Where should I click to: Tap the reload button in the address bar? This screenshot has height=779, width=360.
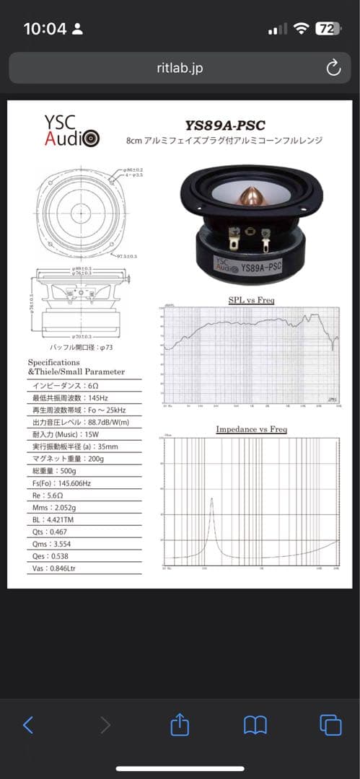(x=333, y=68)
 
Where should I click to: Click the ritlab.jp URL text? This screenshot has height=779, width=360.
(x=180, y=68)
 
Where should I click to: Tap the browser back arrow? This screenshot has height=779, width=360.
(x=28, y=725)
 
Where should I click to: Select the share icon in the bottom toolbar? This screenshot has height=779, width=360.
(x=180, y=725)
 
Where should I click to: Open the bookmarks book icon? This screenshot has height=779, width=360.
(x=255, y=725)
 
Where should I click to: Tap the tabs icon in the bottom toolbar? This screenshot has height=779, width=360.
(x=330, y=725)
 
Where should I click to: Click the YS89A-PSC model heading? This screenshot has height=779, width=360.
(x=225, y=126)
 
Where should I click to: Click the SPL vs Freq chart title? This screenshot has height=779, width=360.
(x=250, y=300)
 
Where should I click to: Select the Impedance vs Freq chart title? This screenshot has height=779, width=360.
(x=251, y=429)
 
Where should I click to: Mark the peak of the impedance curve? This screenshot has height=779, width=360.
(x=211, y=498)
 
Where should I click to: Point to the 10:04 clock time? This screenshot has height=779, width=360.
(x=45, y=29)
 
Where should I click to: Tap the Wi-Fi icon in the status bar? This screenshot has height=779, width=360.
(x=301, y=29)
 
